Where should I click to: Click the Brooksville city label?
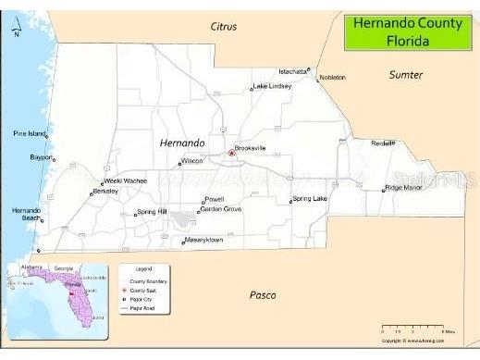(x=250, y=148)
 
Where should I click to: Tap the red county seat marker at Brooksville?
(x=231, y=154)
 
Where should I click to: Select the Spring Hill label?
(x=152, y=212)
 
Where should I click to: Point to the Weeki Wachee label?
(x=126, y=180)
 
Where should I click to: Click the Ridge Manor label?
(x=403, y=187)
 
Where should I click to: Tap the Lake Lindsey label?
(x=272, y=86)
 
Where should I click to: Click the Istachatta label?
(x=293, y=71)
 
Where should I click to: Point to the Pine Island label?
(x=30, y=133)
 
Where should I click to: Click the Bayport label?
(x=41, y=157)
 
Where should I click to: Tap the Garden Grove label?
(x=221, y=209)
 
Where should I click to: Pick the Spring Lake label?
(x=310, y=198)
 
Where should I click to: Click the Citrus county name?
(x=223, y=27)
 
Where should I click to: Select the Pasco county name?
(x=264, y=295)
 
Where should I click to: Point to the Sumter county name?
(x=405, y=74)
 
